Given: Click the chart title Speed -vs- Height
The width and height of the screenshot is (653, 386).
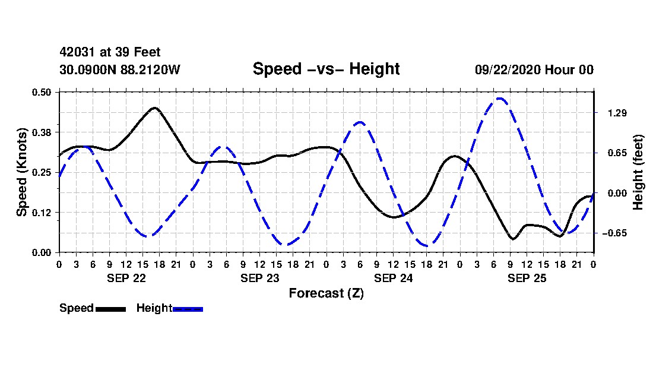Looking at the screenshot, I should click(x=326, y=69).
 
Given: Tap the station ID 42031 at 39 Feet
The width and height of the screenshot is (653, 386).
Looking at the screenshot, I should click(x=110, y=53).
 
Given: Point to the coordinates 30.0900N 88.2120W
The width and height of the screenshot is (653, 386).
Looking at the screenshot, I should click(x=119, y=70).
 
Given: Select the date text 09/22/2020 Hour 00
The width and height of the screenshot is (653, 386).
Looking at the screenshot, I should click(x=534, y=70).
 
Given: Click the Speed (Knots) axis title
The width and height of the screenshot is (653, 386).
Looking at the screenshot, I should click(x=22, y=172).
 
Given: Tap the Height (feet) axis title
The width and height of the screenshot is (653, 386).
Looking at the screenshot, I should click(x=639, y=172).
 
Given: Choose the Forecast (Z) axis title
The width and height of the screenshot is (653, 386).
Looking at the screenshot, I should click(x=326, y=293).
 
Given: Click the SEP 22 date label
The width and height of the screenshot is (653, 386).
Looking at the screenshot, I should click(x=126, y=278).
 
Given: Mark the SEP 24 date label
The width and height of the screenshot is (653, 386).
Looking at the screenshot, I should click(x=393, y=278).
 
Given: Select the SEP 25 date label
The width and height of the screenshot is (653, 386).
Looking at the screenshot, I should click(x=527, y=278).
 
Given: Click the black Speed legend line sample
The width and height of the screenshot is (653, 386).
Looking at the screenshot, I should click(x=110, y=309).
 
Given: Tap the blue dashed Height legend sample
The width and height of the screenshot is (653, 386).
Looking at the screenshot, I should click(x=188, y=309).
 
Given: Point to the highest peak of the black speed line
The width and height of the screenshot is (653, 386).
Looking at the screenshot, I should click(x=155, y=108).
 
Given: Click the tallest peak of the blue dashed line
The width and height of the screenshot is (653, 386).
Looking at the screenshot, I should click(x=500, y=99).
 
